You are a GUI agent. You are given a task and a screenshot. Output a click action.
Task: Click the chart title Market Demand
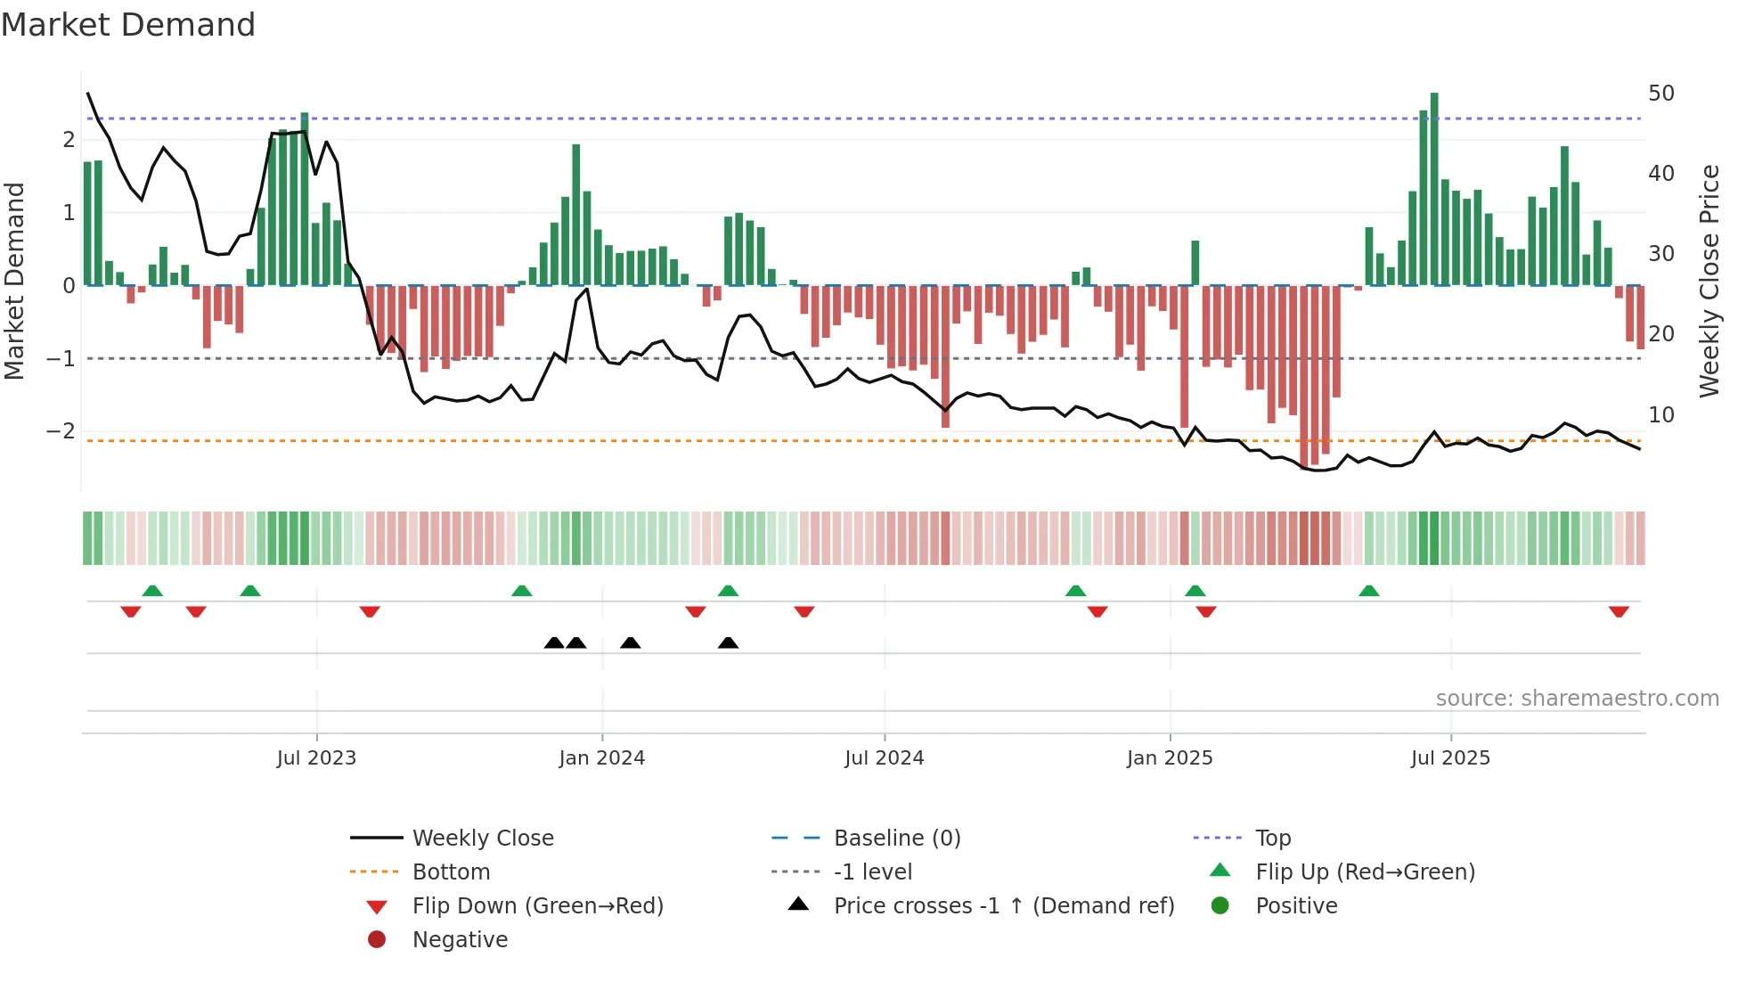coord(128,25)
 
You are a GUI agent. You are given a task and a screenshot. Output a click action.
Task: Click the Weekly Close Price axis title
coord(1709,281)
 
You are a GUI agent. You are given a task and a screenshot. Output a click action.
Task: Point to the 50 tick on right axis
coord(1660,94)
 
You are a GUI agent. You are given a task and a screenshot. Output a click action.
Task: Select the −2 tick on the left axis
coord(61,431)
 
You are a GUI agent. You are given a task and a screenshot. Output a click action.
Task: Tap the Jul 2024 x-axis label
coord(884,758)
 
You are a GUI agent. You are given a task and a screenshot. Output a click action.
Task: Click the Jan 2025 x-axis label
coord(1169,758)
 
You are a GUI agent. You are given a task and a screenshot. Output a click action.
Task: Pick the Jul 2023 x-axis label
coord(316,758)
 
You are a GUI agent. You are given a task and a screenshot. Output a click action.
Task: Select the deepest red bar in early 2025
coord(1304,374)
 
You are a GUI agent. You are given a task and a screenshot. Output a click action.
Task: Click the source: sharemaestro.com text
coord(1577,699)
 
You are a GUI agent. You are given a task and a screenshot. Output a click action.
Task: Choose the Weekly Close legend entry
coord(482,839)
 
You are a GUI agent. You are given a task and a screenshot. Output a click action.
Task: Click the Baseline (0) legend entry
coord(896,839)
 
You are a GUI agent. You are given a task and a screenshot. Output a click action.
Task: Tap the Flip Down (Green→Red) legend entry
coord(537,906)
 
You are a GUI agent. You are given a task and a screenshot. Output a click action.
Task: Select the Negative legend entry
coord(460,940)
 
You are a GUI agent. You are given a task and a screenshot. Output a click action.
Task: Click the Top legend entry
coord(1272,839)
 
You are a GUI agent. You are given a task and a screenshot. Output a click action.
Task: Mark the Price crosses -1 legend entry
coord(1003,906)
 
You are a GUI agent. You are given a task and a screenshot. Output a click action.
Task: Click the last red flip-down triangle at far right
coord(1619,611)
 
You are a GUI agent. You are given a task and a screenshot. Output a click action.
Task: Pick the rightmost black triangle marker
coord(728,642)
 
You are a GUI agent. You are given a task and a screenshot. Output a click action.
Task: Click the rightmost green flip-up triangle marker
coord(1369,591)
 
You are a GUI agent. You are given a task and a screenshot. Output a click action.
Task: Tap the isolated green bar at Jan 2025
coord(1195,263)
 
